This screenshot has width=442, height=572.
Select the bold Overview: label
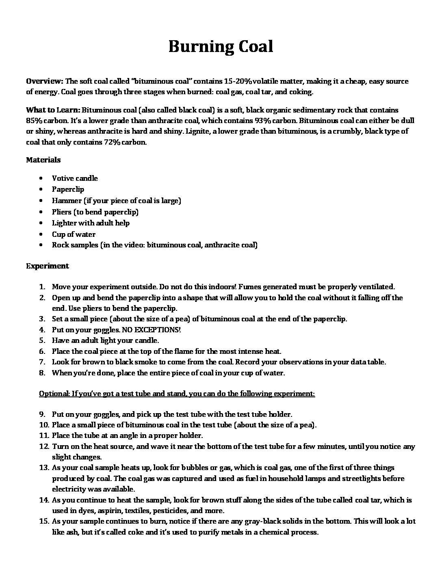[44, 81]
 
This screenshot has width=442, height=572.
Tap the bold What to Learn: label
[53, 110]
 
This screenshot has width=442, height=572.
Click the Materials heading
[43, 160]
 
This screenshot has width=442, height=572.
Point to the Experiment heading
[48, 266]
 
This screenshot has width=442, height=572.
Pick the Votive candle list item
[75, 178]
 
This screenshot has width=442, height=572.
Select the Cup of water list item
[74, 234]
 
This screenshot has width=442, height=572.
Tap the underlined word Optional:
[54, 394]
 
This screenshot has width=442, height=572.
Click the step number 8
[42, 373]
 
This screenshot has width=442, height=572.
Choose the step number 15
[43, 521]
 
